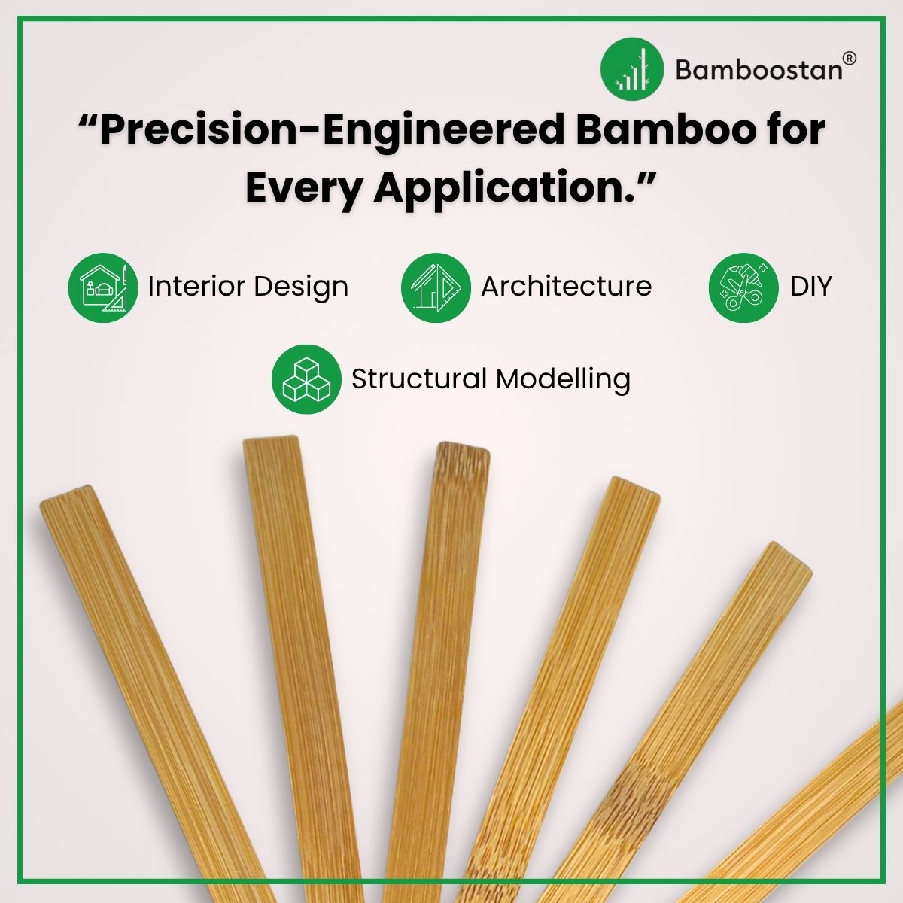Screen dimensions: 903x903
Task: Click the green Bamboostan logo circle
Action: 632,68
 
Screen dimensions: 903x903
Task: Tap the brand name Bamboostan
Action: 759,69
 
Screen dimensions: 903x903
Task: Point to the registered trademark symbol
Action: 849,58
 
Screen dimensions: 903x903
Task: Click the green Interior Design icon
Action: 103,287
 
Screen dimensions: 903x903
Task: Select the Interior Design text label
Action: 248,287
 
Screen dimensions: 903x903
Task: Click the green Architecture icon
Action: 436,287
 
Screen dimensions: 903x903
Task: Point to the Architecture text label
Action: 566,287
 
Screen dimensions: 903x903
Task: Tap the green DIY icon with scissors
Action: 743,287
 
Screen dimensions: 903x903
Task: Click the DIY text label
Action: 810,287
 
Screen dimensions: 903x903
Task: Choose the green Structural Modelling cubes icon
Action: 306,379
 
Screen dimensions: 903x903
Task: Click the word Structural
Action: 418,379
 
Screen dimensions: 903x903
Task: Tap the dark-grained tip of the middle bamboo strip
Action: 463,456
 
